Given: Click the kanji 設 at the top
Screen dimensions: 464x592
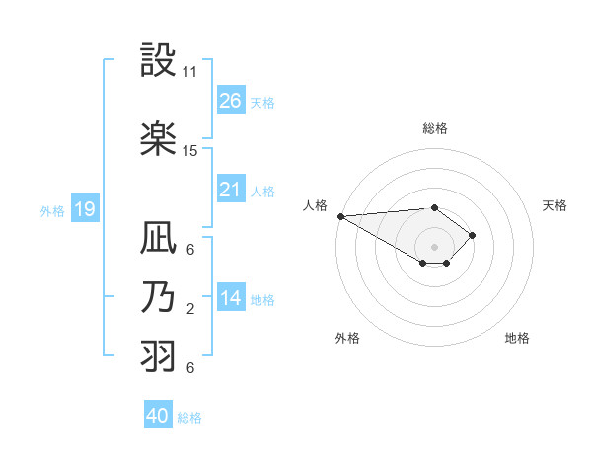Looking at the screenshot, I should point(159,63).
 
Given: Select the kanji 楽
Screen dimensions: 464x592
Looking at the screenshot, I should point(159,140).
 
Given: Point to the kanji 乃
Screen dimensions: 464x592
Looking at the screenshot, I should point(159,299).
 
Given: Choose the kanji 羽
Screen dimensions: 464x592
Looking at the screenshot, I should point(159,356).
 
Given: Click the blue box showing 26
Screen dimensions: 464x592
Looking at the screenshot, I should point(231,100).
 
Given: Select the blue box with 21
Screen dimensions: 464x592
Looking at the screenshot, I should point(231,189).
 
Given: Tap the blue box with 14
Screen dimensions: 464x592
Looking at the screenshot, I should point(231,298).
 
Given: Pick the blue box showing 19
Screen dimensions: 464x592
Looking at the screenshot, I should point(84,208).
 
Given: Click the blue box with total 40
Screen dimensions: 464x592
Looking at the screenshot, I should point(158,416).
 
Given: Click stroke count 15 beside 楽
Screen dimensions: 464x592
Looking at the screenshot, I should point(190,151).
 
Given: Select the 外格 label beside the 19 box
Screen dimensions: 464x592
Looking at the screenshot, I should point(52,209).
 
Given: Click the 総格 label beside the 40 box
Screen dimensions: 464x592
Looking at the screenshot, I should point(189,417).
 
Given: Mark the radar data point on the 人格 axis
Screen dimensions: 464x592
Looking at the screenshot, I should point(339,215).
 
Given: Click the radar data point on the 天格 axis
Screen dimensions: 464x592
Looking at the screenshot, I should point(474,235).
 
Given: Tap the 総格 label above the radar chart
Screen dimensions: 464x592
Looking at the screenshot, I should point(434,128).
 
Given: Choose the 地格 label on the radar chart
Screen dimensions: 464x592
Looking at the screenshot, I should point(517,338).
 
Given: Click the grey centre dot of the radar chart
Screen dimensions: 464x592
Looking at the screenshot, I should point(434,246).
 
